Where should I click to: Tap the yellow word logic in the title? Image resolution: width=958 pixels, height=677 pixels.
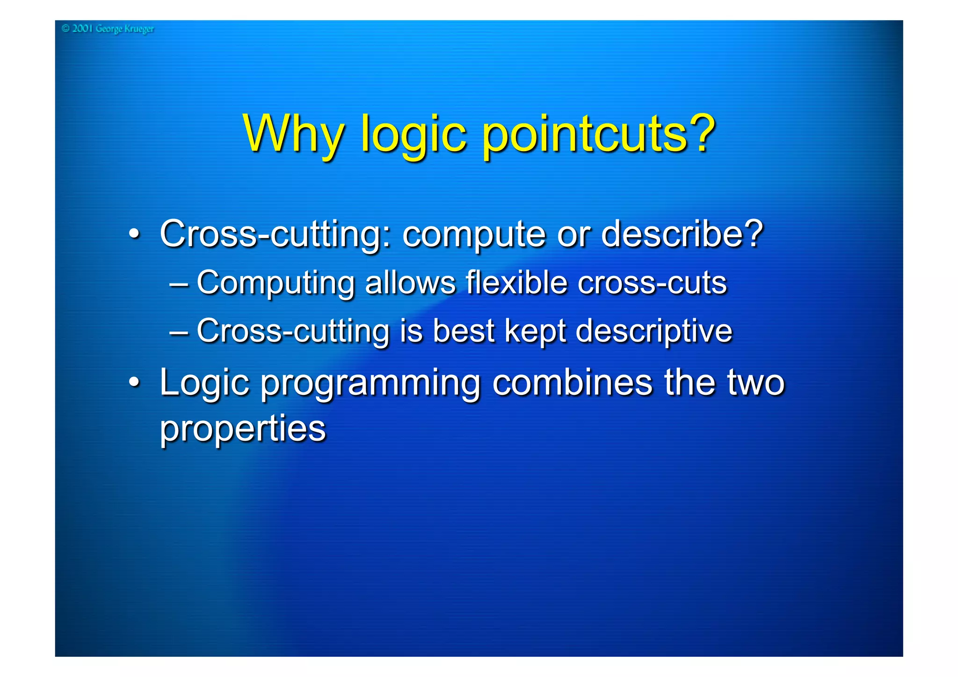tap(414, 136)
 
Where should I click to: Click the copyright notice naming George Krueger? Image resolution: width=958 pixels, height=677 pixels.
tap(108, 29)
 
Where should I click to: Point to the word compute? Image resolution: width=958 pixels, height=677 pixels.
tap(473, 235)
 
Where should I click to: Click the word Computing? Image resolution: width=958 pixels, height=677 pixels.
tap(276, 284)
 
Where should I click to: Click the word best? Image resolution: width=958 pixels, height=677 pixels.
tap(463, 331)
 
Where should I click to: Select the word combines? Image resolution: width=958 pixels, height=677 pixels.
tap(572, 382)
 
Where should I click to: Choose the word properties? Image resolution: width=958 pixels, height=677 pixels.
tap(243, 429)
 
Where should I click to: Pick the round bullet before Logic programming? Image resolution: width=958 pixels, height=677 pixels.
tap(134, 382)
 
